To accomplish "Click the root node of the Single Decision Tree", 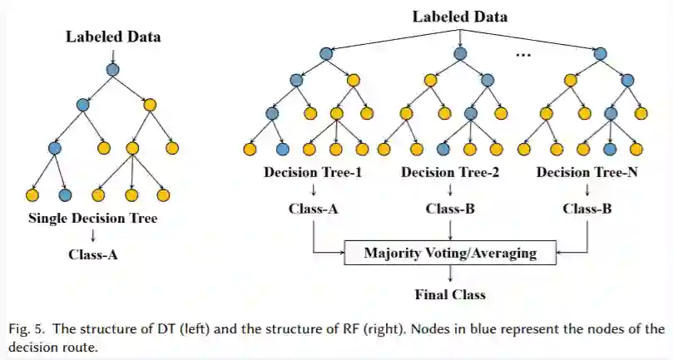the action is [x=112, y=70].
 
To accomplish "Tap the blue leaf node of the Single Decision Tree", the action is [x=65, y=195].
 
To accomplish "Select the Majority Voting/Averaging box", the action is [x=450, y=253].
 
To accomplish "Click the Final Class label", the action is [x=450, y=295].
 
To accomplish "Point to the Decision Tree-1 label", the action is [x=313, y=172].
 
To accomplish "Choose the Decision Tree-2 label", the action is [x=450, y=172].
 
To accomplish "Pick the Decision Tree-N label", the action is [x=587, y=172].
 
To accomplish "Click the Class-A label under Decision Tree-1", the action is [x=314, y=209].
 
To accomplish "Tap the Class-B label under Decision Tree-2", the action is [x=450, y=209].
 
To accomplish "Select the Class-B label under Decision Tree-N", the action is [x=587, y=209].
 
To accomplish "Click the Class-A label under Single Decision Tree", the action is [x=92, y=255].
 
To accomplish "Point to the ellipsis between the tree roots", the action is [x=523, y=55].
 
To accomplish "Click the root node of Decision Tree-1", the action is [x=326, y=54].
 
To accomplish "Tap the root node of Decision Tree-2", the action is [x=461, y=54].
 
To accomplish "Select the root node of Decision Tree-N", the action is [x=600, y=54].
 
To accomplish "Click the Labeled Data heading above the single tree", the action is [x=113, y=37].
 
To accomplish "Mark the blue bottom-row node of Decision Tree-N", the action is [x=610, y=149].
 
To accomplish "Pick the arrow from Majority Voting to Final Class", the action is [x=450, y=273].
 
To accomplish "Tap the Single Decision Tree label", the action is [x=92, y=219].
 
